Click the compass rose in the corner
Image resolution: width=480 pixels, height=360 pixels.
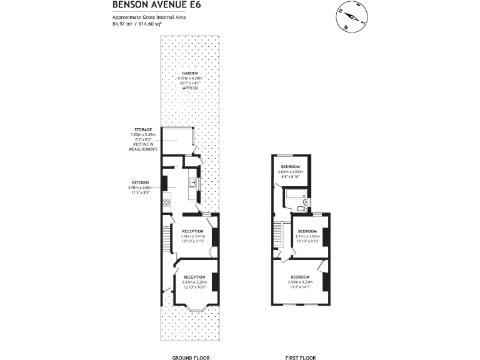[x=352, y=17]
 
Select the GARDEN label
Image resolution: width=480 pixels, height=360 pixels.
[x=190, y=73]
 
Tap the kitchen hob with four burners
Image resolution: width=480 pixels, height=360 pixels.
[x=166, y=202]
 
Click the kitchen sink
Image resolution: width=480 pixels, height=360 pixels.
[x=193, y=183]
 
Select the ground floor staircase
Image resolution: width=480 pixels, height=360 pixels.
[x=166, y=237]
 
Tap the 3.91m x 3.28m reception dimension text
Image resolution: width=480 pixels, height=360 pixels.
[x=194, y=282]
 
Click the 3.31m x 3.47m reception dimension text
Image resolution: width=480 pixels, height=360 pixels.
[x=192, y=236]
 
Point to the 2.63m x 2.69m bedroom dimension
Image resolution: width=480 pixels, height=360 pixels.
[x=291, y=172]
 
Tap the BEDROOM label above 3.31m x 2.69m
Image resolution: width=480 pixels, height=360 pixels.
[x=307, y=231]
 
